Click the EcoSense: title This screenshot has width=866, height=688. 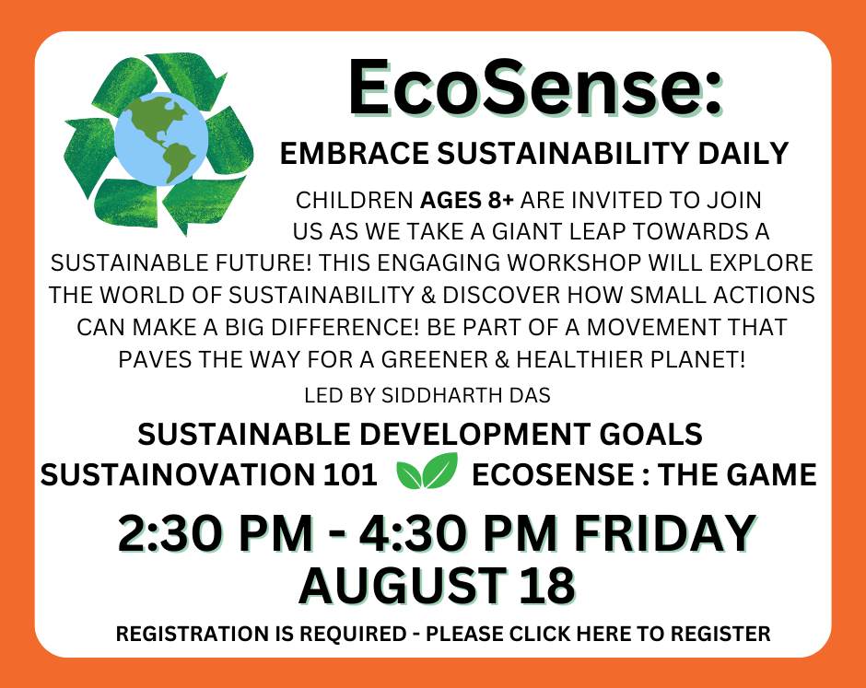point(534,87)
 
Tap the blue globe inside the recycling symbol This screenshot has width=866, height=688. point(160,138)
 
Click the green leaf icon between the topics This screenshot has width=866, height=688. point(427,471)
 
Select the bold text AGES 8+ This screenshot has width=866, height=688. point(467,201)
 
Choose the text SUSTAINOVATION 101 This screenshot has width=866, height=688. point(209,475)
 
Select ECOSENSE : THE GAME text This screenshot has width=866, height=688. point(644,475)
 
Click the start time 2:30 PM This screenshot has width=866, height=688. point(216,533)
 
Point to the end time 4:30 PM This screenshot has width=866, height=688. point(458,533)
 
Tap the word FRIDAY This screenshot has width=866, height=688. point(665,533)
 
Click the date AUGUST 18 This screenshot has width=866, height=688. point(437,585)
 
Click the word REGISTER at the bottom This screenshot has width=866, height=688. point(720,634)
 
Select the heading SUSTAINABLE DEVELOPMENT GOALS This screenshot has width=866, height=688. point(420,434)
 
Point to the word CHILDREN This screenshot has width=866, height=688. point(355,201)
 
